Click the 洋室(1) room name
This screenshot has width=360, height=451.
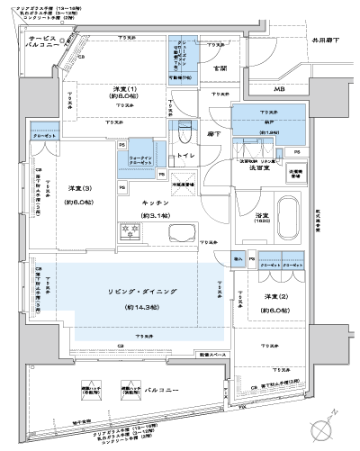(124, 88)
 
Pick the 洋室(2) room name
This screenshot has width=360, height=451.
(265, 298)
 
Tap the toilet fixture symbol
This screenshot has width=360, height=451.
(184, 133)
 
